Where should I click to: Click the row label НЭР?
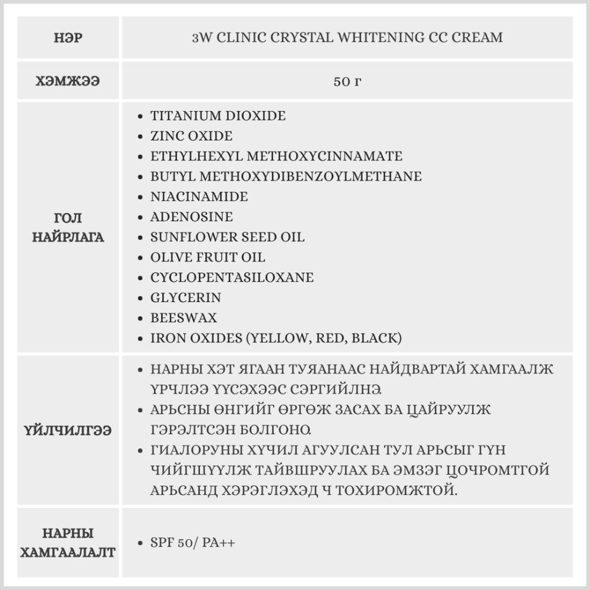(68, 38)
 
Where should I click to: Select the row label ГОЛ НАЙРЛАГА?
(68, 228)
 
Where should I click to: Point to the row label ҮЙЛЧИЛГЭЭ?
(68, 430)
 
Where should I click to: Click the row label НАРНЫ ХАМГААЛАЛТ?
(68, 543)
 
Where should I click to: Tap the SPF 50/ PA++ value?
(192, 543)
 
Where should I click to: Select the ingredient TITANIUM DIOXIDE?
(218, 116)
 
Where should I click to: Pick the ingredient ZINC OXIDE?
(191, 136)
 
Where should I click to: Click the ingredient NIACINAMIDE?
(199, 196)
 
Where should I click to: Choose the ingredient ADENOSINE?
(191, 217)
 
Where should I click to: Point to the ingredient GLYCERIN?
(185, 297)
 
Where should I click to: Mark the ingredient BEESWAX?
(183, 318)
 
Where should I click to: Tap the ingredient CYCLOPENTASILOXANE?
(232, 277)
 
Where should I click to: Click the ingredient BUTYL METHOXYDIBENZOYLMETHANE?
(286, 176)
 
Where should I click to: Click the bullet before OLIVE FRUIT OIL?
(139, 258)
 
